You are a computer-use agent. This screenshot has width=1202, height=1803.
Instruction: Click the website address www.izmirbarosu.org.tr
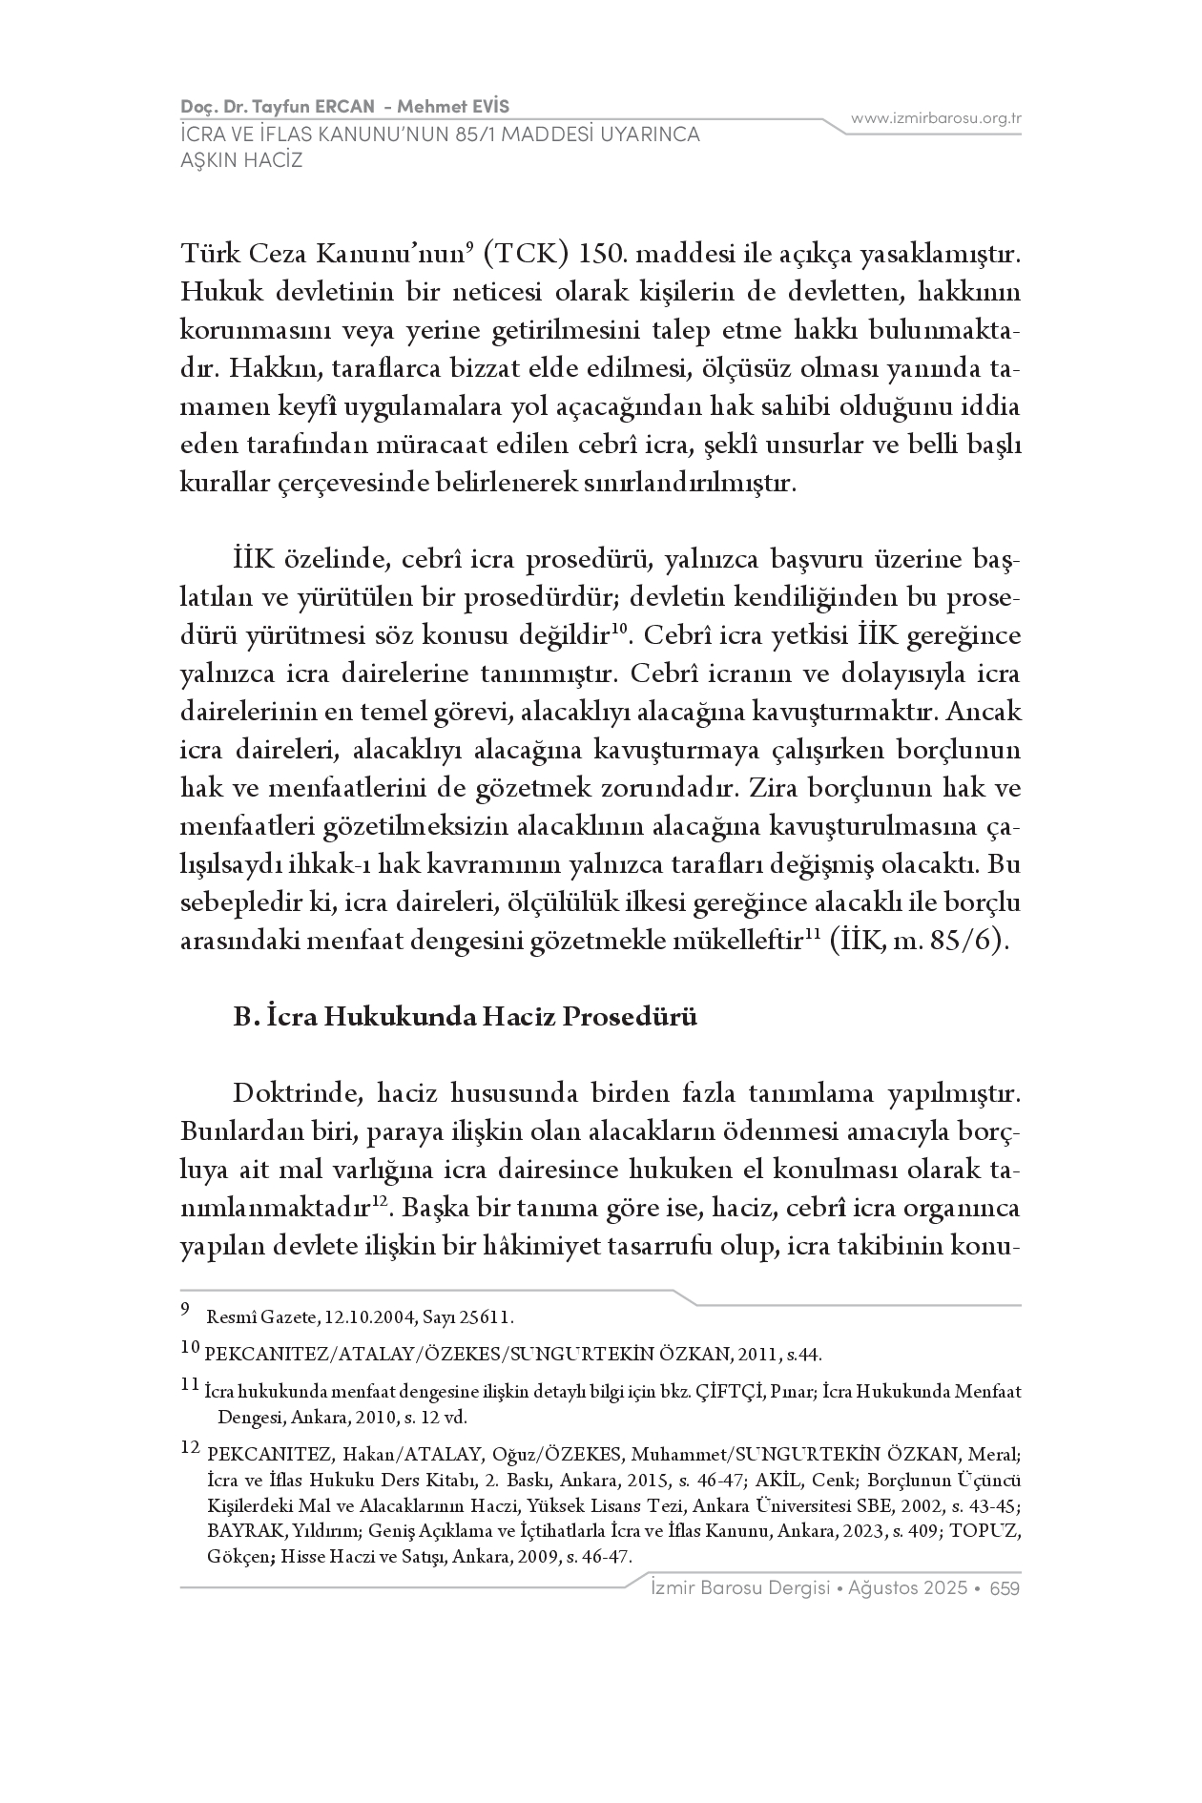coord(936,118)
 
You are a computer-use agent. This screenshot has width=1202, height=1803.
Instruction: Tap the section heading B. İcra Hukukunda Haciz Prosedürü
coord(466,1017)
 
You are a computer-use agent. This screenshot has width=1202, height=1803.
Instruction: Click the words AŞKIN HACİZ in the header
coord(241,159)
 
